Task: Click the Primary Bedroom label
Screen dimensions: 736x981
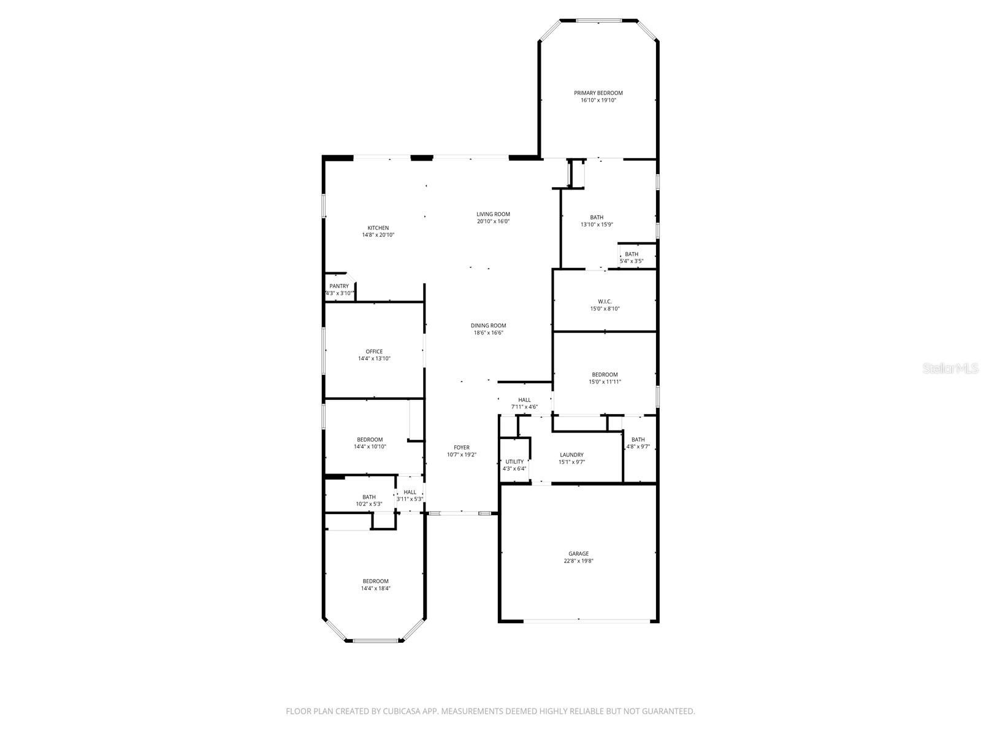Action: coord(598,93)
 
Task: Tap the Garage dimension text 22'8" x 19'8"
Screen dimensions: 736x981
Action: coord(578,561)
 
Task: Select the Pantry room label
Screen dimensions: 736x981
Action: coord(339,286)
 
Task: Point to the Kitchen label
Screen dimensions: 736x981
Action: coord(378,228)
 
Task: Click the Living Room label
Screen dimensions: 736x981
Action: coord(493,214)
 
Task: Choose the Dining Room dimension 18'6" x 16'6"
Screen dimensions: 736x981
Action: coord(488,333)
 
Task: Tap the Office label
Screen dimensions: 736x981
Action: coord(374,351)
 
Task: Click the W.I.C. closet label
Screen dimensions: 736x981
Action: coord(605,302)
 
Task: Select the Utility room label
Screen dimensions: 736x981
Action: coord(514,462)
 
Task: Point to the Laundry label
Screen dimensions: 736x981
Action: coord(571,455)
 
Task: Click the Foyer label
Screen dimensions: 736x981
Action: coord(461,448)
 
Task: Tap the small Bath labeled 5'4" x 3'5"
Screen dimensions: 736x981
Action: coord(631,255)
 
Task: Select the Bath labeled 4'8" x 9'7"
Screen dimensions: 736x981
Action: coord(638,440)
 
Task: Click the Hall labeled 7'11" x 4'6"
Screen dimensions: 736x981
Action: coord(524,400)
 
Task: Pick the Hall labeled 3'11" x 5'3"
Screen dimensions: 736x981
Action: coord(410,492)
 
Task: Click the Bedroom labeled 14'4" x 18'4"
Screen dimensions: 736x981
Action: coord(375,581)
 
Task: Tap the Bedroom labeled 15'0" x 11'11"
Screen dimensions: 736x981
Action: coord(605,375)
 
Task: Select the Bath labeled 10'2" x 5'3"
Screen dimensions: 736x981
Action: coord(368,497)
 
